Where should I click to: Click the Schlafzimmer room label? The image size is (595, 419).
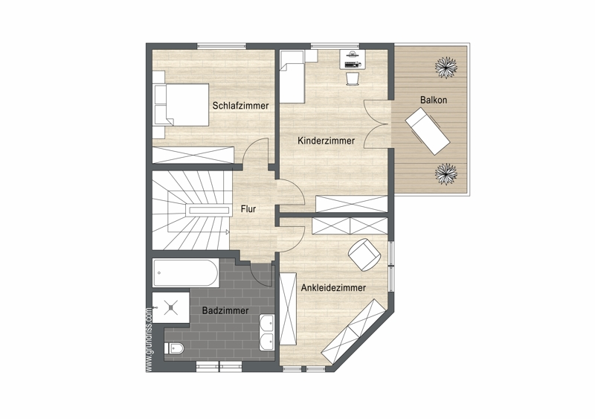pos(240,106)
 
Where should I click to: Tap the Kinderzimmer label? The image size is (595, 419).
pos(326,141)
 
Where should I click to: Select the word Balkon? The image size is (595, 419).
pos(434,100)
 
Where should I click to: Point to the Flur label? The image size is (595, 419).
pos(248,209)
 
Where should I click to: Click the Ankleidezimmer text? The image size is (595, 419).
pos(333,287)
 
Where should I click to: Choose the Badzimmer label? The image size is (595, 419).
pos(225,310)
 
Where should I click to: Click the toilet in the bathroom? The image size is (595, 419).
pos(175,348)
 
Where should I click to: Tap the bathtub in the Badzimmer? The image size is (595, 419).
pos(185,273)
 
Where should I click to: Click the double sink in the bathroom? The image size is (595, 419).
pos(266,333)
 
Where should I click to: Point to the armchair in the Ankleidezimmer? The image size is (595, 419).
pos(364,255)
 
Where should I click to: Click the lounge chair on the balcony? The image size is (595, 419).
pos(428,131)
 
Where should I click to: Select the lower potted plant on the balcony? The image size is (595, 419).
pos(446,174)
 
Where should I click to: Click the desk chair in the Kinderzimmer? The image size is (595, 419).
pos(352,79)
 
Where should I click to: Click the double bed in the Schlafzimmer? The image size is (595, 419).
pos(181,104)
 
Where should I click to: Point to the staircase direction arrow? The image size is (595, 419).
pos(227,231)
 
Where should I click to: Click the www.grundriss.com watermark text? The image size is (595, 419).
pos(149,339)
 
